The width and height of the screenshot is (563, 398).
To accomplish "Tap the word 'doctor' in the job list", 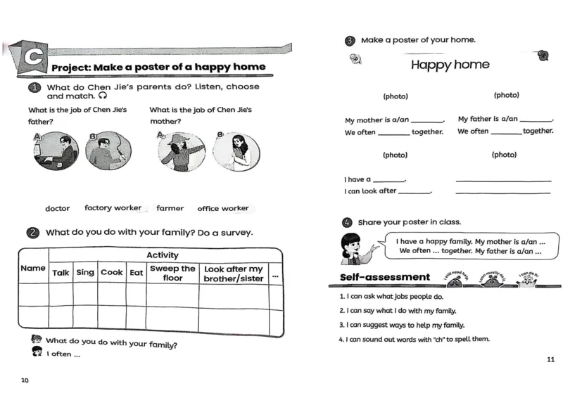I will [x=58, y=209].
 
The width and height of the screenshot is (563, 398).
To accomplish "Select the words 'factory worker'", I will [x=113, y=208].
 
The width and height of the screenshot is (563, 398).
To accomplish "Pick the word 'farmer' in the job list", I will [x=170, y=209].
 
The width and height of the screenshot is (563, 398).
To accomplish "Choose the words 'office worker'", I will [x=223, y=209].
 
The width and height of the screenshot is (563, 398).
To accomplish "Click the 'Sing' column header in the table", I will [x=85, y=273].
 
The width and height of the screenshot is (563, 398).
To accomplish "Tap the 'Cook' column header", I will [x=111, y=273].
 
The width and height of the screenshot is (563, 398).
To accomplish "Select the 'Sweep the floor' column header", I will [x=172, y=274].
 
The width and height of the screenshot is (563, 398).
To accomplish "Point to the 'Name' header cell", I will [x=33, y=268].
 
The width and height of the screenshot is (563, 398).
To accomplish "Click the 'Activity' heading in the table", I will [x=163, y=255].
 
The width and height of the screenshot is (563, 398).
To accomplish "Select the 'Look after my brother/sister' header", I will [x=233, y=274].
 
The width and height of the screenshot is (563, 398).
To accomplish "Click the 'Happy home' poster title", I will [x=450, y=65].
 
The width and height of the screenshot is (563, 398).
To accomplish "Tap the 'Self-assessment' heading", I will [x=384, y=277].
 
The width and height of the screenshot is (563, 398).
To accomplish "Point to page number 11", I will [x=550, y=360].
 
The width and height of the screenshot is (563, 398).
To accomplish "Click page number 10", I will [x=25, y=380].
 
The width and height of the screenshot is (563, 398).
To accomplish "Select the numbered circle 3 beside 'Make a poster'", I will [x=350, y=41].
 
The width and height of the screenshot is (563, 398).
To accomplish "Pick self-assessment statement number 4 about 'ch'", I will [x=414, y=339].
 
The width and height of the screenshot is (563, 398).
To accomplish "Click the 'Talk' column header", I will [x=61, y=273].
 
